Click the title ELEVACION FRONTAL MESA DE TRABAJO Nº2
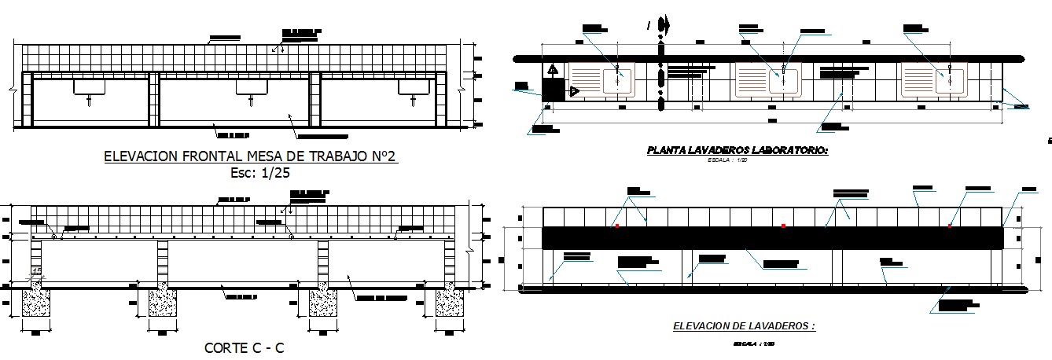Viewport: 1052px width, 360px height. click(x=251, y=156)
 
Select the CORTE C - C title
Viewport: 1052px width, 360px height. click(x=244, y=347)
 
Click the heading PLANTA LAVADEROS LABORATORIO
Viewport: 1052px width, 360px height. click(x=737, y=149)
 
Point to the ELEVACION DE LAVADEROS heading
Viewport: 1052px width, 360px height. click(x=744, y=325)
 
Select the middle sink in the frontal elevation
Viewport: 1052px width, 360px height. click(x=250, y=89)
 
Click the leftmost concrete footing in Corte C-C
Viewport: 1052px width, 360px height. click(x=36, y=302)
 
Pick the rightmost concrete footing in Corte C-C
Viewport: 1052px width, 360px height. click(x=451, y=302)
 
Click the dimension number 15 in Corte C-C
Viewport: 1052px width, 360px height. click(x=35, y=271)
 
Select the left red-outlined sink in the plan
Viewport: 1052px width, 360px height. click(x=619, y=80)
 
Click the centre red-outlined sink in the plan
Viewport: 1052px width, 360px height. click(x=783, y=80)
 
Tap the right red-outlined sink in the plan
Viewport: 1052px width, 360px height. click(x=949, y=80)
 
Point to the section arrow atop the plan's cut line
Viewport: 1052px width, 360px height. click(x=664, y=25)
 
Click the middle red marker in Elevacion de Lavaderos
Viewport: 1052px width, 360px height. click(x=783, y=226)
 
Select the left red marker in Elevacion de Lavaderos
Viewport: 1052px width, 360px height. click(x=617, y=226)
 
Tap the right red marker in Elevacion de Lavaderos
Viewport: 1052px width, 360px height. click(x=949, y=226)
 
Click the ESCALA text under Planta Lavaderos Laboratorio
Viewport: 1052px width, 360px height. click(x=737, y=159)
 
